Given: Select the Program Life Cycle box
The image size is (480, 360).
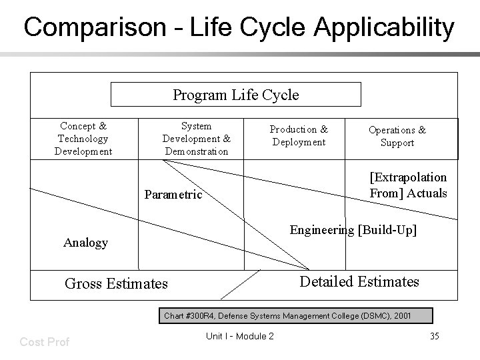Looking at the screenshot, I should click(235, 95).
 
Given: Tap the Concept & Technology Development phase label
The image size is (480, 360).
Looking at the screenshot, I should click(83, 139).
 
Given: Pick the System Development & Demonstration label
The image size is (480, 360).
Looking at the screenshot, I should click(196, 139).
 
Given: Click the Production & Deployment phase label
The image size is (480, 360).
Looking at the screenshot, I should click(299, 135).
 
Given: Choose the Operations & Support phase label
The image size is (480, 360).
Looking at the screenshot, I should click(397, 136).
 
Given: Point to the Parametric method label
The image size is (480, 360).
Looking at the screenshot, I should click(173, 195).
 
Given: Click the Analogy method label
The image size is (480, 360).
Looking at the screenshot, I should click(85, 243).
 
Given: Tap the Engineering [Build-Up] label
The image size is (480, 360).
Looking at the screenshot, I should click(353, 231).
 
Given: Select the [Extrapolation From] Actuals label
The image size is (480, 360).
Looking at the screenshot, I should click(408, 185).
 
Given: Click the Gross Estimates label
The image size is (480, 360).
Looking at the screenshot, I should click(116, 284).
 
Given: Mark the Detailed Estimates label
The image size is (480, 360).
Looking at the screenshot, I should click(359, 281).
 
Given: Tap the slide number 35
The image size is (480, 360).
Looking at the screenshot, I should click(434, 336).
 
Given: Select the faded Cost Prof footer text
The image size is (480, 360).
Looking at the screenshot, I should click(45, 341).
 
